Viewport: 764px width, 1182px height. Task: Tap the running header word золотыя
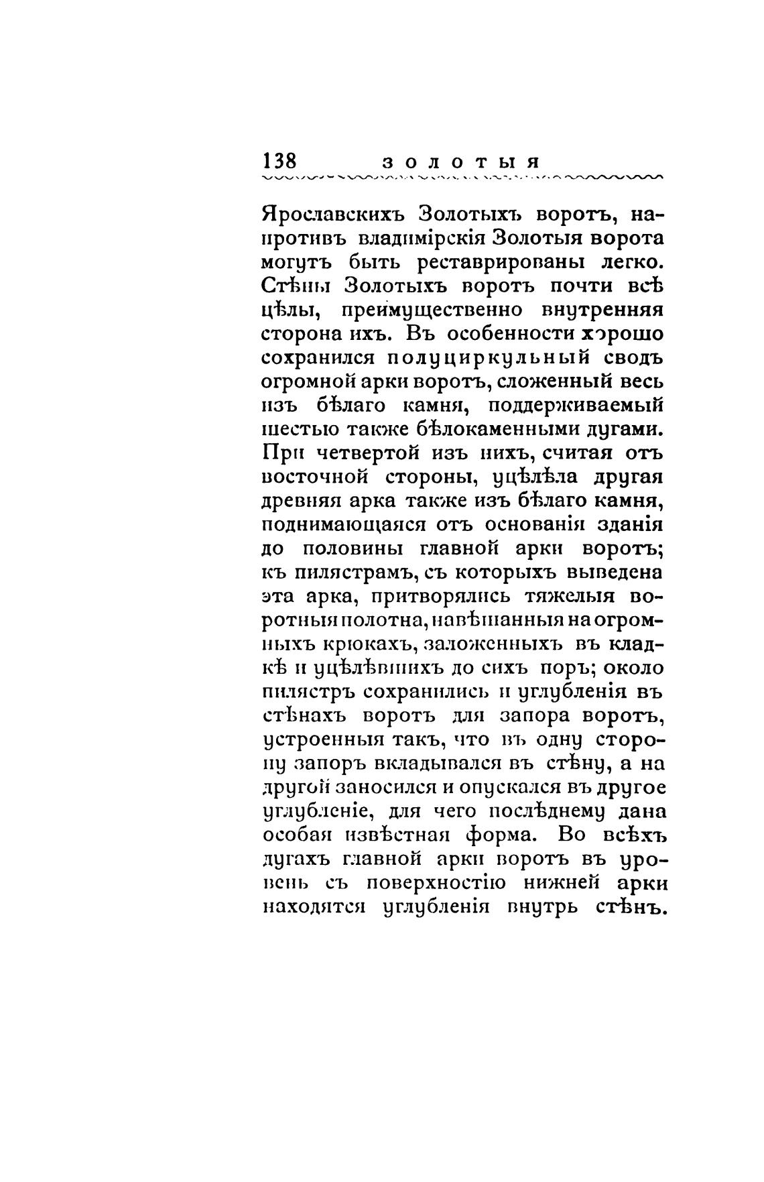(x=461, y=163)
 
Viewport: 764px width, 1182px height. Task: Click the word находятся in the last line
(x=313, y=907)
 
